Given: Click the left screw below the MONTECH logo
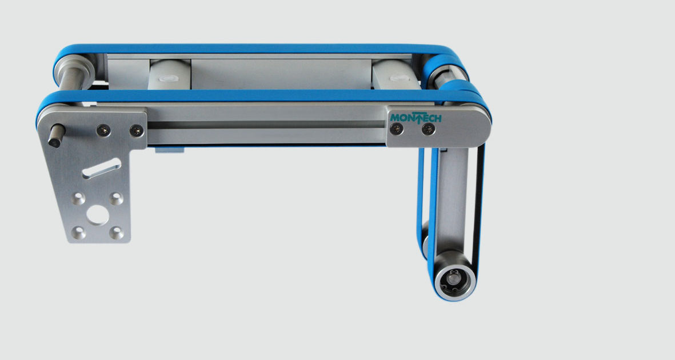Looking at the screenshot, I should [395, 131].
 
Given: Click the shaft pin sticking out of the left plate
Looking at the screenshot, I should [55, 135].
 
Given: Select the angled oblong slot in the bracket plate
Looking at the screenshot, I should [101, 169].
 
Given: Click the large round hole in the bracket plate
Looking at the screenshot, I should [98, 216].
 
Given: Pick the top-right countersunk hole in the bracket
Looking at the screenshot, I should [116, 198].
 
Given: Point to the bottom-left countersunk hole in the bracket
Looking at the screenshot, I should [79, 233].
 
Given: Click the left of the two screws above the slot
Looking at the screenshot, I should [101, 129].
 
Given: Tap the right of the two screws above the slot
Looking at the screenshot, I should [135, 130].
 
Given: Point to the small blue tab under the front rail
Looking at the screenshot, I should [170, 150].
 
